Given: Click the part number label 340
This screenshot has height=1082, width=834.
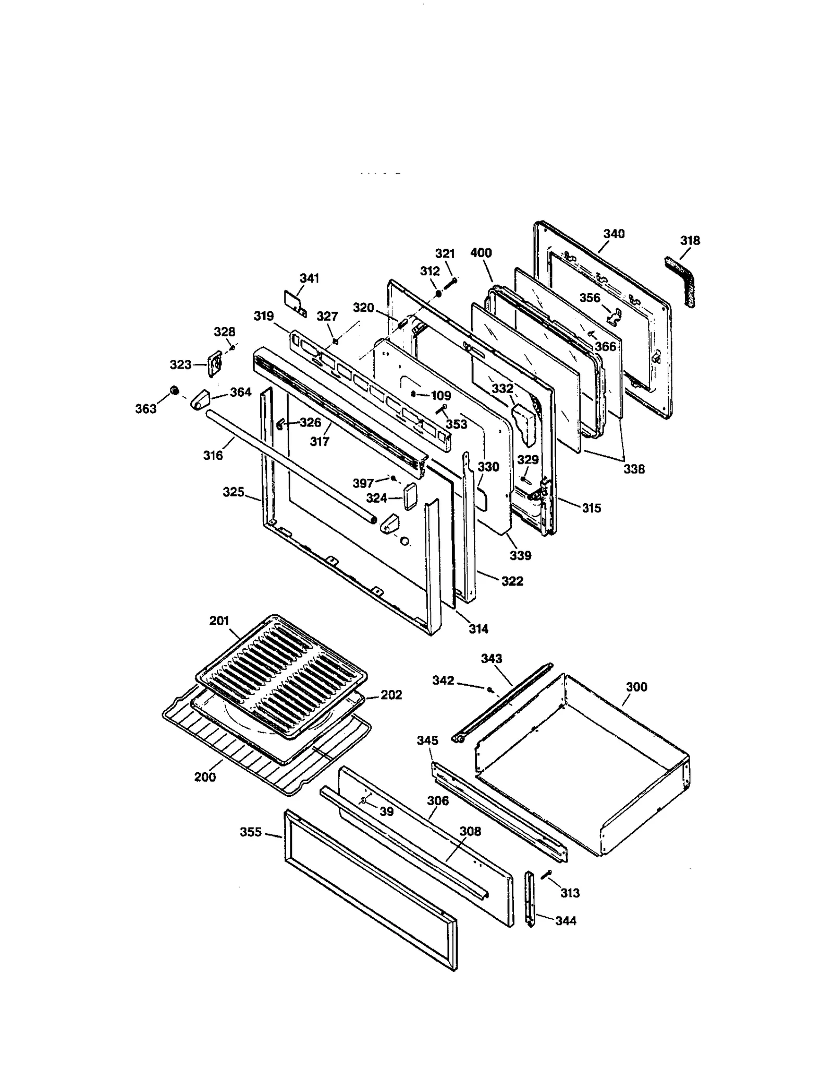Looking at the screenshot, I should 614,234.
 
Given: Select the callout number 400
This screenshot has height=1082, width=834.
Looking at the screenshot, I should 481,253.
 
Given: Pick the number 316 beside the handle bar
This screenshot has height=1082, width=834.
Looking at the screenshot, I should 213,455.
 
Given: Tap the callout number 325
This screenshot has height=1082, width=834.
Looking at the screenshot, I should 233,492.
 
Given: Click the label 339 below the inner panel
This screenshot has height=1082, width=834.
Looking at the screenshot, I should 520,555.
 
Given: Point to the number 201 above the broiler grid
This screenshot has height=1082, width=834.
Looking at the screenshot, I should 219,621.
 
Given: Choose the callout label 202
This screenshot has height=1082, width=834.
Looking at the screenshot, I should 391,695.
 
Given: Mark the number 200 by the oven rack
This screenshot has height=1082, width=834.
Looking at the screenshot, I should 205,777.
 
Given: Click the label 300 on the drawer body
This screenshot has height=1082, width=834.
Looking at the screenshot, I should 636,687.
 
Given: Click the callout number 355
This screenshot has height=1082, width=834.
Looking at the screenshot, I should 251,832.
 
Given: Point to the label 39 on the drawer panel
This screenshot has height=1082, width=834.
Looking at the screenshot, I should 386,811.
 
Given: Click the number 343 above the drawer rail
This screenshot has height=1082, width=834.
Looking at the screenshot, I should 491,659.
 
